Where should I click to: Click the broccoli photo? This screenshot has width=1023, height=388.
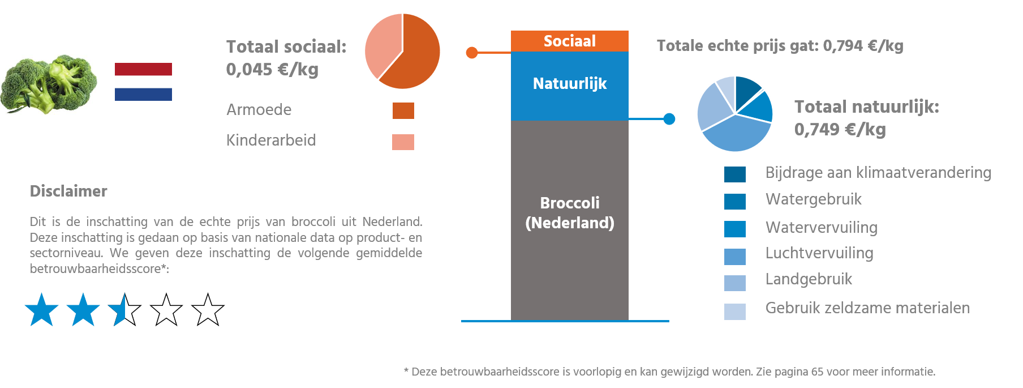tap(49, 84)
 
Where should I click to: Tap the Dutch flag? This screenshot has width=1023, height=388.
tap(143, 82)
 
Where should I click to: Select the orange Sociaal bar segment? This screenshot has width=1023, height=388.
tap(569, 41)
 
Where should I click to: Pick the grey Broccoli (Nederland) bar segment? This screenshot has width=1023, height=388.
tap(569, 221)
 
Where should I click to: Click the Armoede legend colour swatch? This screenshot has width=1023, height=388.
tap(403, 110)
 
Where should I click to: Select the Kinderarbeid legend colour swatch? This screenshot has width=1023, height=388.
tap(403, 142)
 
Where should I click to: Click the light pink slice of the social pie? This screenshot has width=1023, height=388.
tap(380, 45)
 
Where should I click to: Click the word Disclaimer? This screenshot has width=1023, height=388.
tap(68, 191)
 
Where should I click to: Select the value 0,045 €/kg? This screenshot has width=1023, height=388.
tap(272, 70)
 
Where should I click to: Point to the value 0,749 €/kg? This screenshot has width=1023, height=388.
tap(840, 130)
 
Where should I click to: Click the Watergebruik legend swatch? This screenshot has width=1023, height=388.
tap(734, 201)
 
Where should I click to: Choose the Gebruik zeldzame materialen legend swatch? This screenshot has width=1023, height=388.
tap(734, 312)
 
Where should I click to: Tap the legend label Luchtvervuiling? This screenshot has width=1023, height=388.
tap(819, 253)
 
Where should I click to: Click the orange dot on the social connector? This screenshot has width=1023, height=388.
tap(472, 53)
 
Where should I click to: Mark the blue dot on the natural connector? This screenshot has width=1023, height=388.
tap(669, 119)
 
